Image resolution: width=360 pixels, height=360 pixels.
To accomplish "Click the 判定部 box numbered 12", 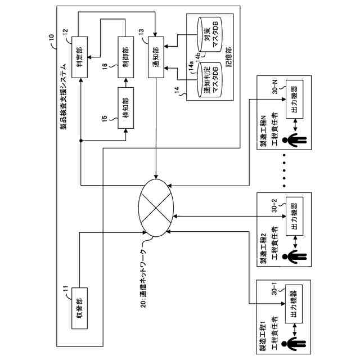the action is (x=79, y=57).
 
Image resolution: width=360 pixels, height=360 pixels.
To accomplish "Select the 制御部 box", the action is (x=125, y=57).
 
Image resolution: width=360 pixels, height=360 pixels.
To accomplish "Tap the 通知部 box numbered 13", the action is (x=156, y=57).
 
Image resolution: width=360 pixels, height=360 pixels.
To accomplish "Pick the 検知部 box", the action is (x=125, y=108).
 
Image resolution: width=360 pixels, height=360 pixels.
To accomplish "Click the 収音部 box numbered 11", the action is (x=79, y=308).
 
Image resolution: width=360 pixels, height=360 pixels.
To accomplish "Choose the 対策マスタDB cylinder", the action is (x=210, y=34).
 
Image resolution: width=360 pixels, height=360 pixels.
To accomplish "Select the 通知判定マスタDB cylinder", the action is (x=210, y=80).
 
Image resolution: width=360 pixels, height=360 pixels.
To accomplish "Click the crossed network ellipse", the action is (x=156, y=208).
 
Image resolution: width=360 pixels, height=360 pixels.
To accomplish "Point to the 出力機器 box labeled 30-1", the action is (x=294, y=304).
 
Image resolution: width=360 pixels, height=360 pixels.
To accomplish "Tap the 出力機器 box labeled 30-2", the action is (x=294, y=216).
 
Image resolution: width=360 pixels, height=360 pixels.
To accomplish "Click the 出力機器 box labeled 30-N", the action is (x=294, y=99).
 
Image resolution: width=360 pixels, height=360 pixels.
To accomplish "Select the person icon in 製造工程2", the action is (x=294, y=256).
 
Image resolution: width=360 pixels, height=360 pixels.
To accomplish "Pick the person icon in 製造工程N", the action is (x=294, y=140).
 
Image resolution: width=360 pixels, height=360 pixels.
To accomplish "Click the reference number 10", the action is (x=51, y=37).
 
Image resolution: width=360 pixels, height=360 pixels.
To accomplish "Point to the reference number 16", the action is (x=105, y=66).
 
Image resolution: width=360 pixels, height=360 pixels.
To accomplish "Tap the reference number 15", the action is (x=105, y=119).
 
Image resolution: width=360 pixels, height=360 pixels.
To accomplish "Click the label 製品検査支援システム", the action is (x=64, y=97).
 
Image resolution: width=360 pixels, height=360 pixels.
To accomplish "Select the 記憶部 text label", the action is (x=229, y=57).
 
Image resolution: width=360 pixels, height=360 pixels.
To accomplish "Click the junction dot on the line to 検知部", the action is (x=80, y=141).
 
